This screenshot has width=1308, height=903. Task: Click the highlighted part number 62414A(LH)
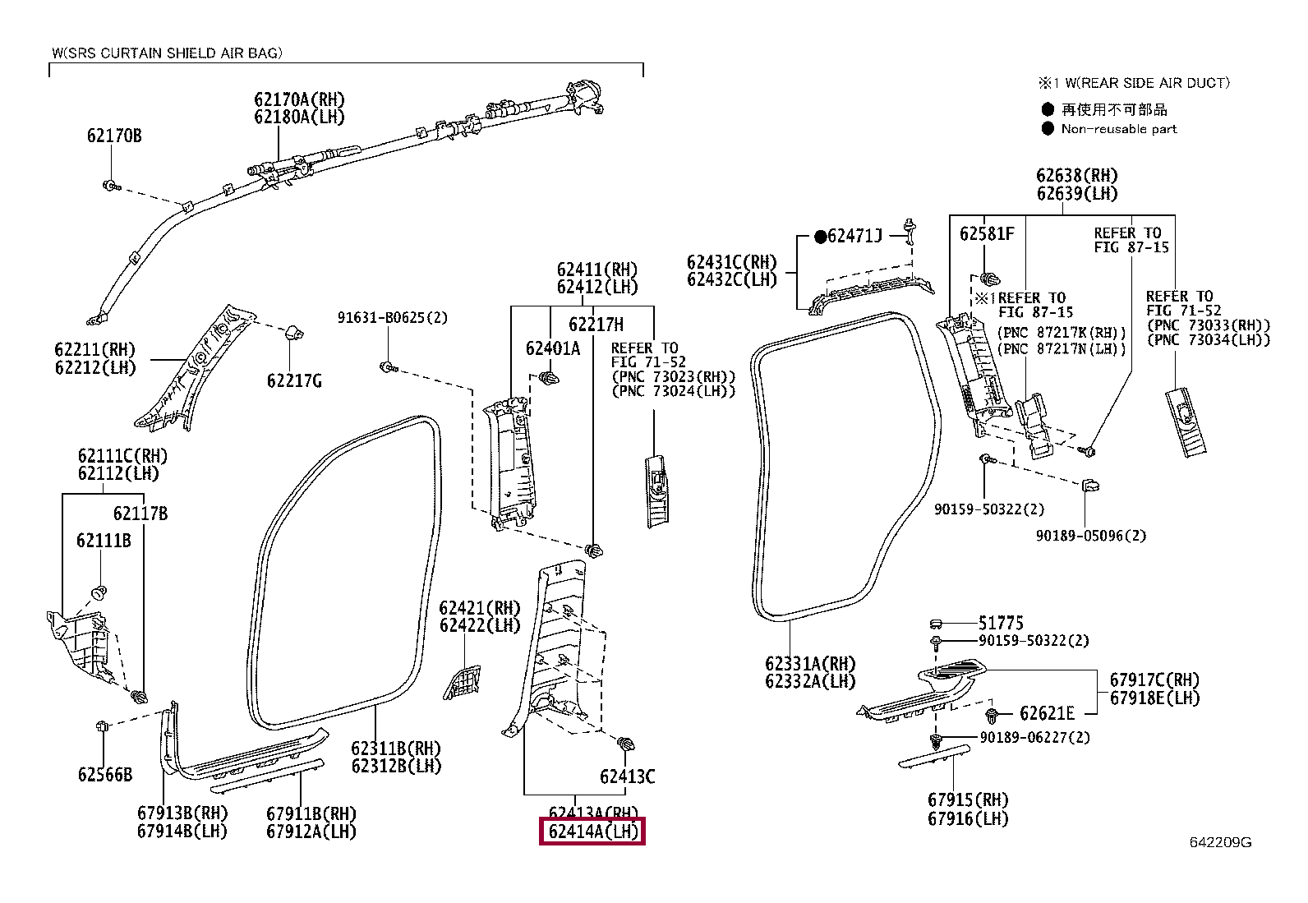point(592,832)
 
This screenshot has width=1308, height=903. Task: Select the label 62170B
point(114,136)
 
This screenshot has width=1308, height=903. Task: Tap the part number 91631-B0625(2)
point(393,318)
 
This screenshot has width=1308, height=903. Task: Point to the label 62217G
point(294,380)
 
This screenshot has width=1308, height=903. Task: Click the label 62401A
point(553,348)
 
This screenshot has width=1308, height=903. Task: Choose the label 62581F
point(987,233)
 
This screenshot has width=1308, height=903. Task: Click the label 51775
point(1001,623)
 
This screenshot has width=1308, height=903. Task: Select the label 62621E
point(1047,713)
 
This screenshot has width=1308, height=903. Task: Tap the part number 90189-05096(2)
point(1091,536)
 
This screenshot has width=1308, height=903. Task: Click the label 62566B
point(105,775)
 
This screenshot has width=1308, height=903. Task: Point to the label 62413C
point(627,776)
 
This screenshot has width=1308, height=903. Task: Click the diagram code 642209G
point(1220,842)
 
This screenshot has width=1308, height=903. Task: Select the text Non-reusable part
point(1119,129)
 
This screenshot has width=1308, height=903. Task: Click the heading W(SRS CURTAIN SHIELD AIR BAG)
point(167,53)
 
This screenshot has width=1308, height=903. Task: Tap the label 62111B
point(104,541)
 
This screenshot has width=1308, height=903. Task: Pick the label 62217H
point(596,325)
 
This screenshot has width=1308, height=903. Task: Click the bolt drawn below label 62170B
point(111,187)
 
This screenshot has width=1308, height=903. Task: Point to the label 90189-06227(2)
point(1034,738)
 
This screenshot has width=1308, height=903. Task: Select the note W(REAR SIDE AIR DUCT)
point(1148,83)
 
